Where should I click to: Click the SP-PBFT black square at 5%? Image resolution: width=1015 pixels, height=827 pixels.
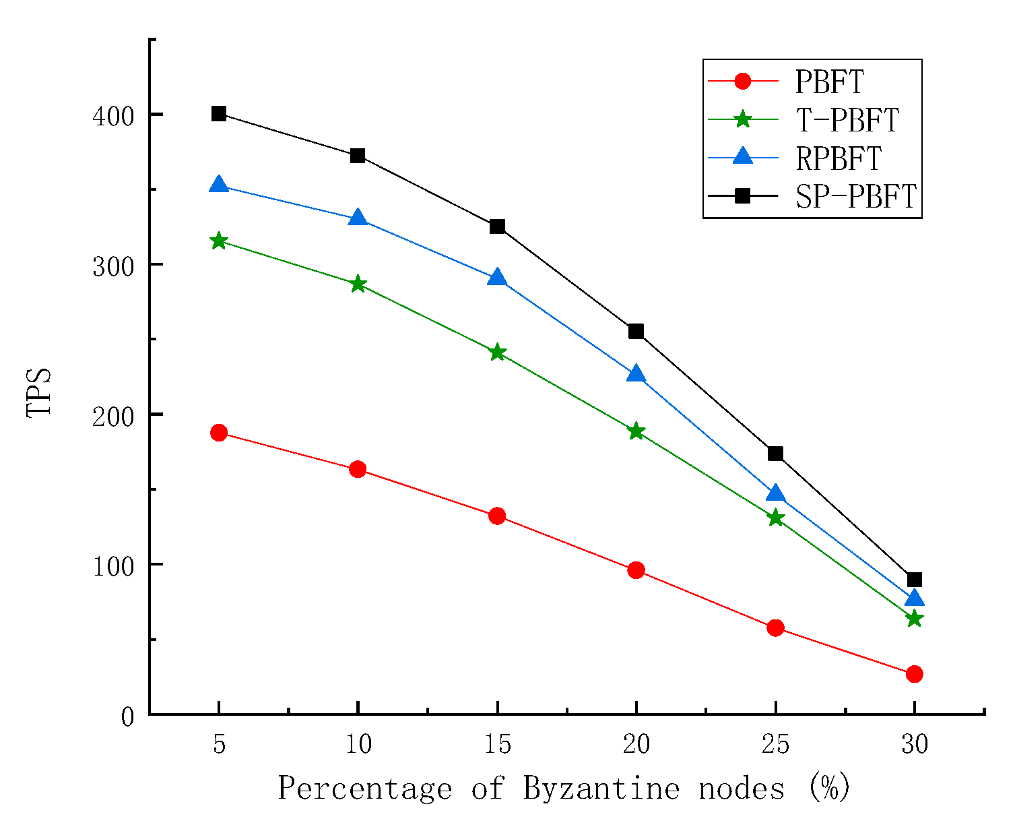(x=219, y=114)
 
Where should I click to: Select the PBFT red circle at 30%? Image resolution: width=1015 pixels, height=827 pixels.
(x=914, y=674)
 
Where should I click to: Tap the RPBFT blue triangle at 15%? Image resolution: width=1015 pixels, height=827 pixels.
(x=497, y=278)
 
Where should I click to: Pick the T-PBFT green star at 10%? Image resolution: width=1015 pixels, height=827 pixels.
(x=358, y=284)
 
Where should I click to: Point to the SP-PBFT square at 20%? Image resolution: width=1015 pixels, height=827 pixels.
(x=636, y=332)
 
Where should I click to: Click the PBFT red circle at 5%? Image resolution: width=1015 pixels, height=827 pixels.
(x=219, y=433)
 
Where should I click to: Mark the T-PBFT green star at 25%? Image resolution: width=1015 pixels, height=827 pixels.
(x=775, y=518)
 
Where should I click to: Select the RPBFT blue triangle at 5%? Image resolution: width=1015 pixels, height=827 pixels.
(x=219, y=185)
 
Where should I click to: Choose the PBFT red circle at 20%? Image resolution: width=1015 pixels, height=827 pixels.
(x=636, y=570)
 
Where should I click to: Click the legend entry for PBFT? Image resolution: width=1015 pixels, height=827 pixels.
(x=829, y=82)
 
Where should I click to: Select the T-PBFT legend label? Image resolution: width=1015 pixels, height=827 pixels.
(x=847, y=120)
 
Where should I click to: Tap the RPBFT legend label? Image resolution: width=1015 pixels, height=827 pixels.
(x=838, y=158)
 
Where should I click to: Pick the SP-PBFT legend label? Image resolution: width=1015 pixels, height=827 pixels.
(x=855, y=196)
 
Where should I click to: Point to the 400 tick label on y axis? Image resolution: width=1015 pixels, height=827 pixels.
(x=114, y=117)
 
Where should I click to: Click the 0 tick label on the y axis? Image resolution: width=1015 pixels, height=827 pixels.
(x=128, y=717)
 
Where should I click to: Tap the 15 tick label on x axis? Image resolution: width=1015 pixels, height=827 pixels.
(x=497, y=745)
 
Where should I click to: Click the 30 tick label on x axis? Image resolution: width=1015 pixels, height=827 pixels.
(x=914, y=745)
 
